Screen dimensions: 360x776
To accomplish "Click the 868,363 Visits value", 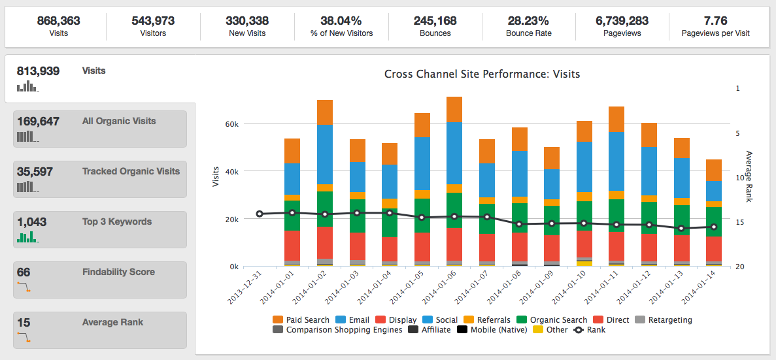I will (58, 21).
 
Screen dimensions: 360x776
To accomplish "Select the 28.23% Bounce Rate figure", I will (528, 21).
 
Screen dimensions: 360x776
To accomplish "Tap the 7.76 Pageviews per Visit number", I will (715, 21).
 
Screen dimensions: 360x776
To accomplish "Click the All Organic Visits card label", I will (119, 121).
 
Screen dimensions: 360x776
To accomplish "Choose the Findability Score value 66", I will (24, 272).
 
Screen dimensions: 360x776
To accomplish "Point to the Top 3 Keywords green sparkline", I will (27, 237).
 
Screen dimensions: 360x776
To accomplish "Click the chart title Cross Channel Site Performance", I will (482, 74).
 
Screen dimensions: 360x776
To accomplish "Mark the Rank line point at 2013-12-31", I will (260, 214).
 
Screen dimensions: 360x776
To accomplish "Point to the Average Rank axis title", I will (749, 176).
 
